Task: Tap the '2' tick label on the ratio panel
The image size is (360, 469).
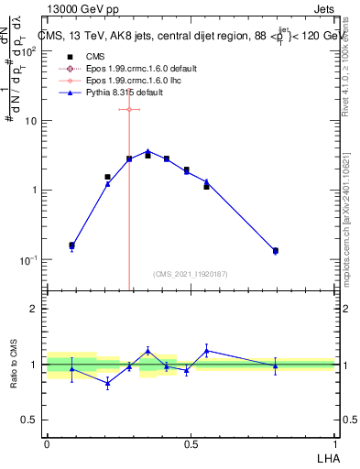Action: (34, 310)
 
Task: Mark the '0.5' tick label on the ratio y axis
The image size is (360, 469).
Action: (29, 420)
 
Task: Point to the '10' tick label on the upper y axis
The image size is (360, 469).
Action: (27, 121)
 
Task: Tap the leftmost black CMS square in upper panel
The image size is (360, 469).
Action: (72, 245)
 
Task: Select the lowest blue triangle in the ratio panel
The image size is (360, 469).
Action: (108, 384)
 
